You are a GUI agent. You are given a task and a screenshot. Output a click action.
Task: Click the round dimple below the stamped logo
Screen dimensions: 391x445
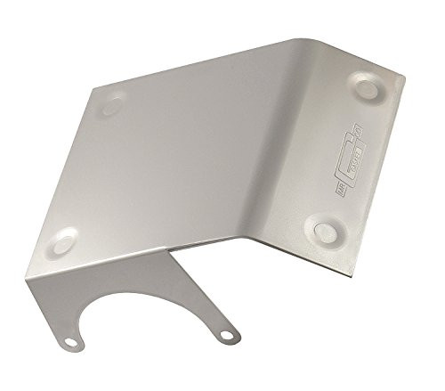(x=324, y=232)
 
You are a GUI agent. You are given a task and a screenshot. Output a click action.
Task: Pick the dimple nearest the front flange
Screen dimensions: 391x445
(x=65, y=240)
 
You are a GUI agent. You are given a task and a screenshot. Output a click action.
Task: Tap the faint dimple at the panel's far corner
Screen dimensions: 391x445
(x=111, y=105)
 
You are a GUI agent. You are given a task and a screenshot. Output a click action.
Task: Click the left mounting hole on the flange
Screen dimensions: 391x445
(x=69, y=343)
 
